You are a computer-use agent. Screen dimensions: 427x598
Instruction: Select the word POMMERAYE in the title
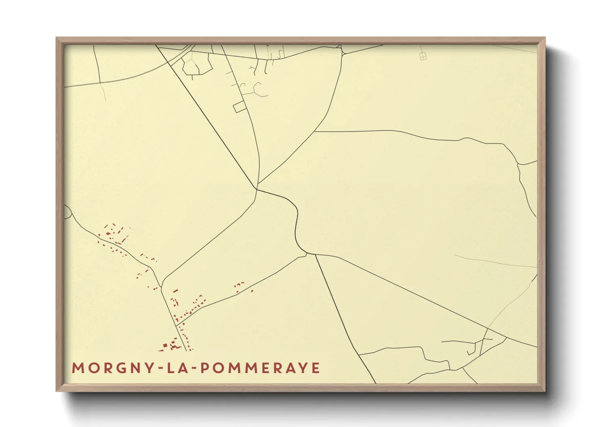pos(260,368)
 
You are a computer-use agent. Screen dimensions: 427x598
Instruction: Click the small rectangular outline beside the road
pos(240,107)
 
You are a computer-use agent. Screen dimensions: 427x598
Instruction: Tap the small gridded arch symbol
pos(423,56)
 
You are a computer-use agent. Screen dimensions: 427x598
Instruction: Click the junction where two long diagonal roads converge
pos(257,188)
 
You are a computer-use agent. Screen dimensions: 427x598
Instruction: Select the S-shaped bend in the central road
pos(297,226)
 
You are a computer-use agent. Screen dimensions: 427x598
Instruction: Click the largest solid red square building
pos(165,345)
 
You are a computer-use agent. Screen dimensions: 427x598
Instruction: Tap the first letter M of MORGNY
pos(76,368)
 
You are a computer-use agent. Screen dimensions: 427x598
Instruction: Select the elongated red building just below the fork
pos(176,291)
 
